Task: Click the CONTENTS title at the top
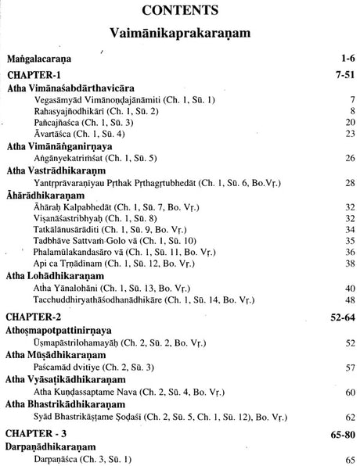click(x=179, y=12)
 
